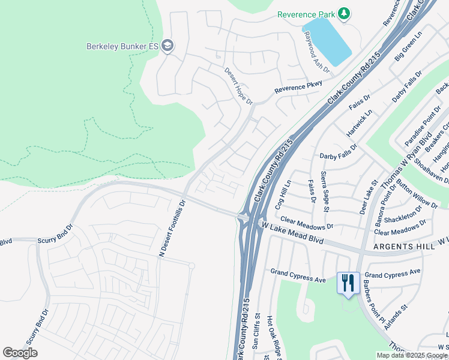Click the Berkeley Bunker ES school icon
168,46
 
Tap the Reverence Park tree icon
344,14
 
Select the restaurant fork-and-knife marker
348,283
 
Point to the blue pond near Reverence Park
327,41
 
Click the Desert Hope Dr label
238,86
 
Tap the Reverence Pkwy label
298,88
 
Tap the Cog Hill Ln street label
283,194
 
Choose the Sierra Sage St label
325,191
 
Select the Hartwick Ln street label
360,124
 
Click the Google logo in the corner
20,353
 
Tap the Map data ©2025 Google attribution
412,355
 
